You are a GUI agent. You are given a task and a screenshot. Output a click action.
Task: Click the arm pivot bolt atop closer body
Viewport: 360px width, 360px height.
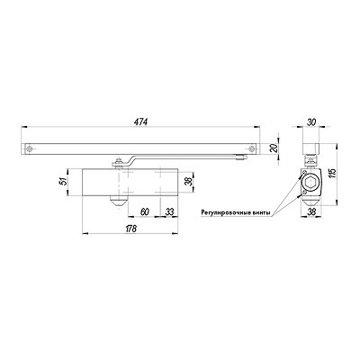coord(118,163)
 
